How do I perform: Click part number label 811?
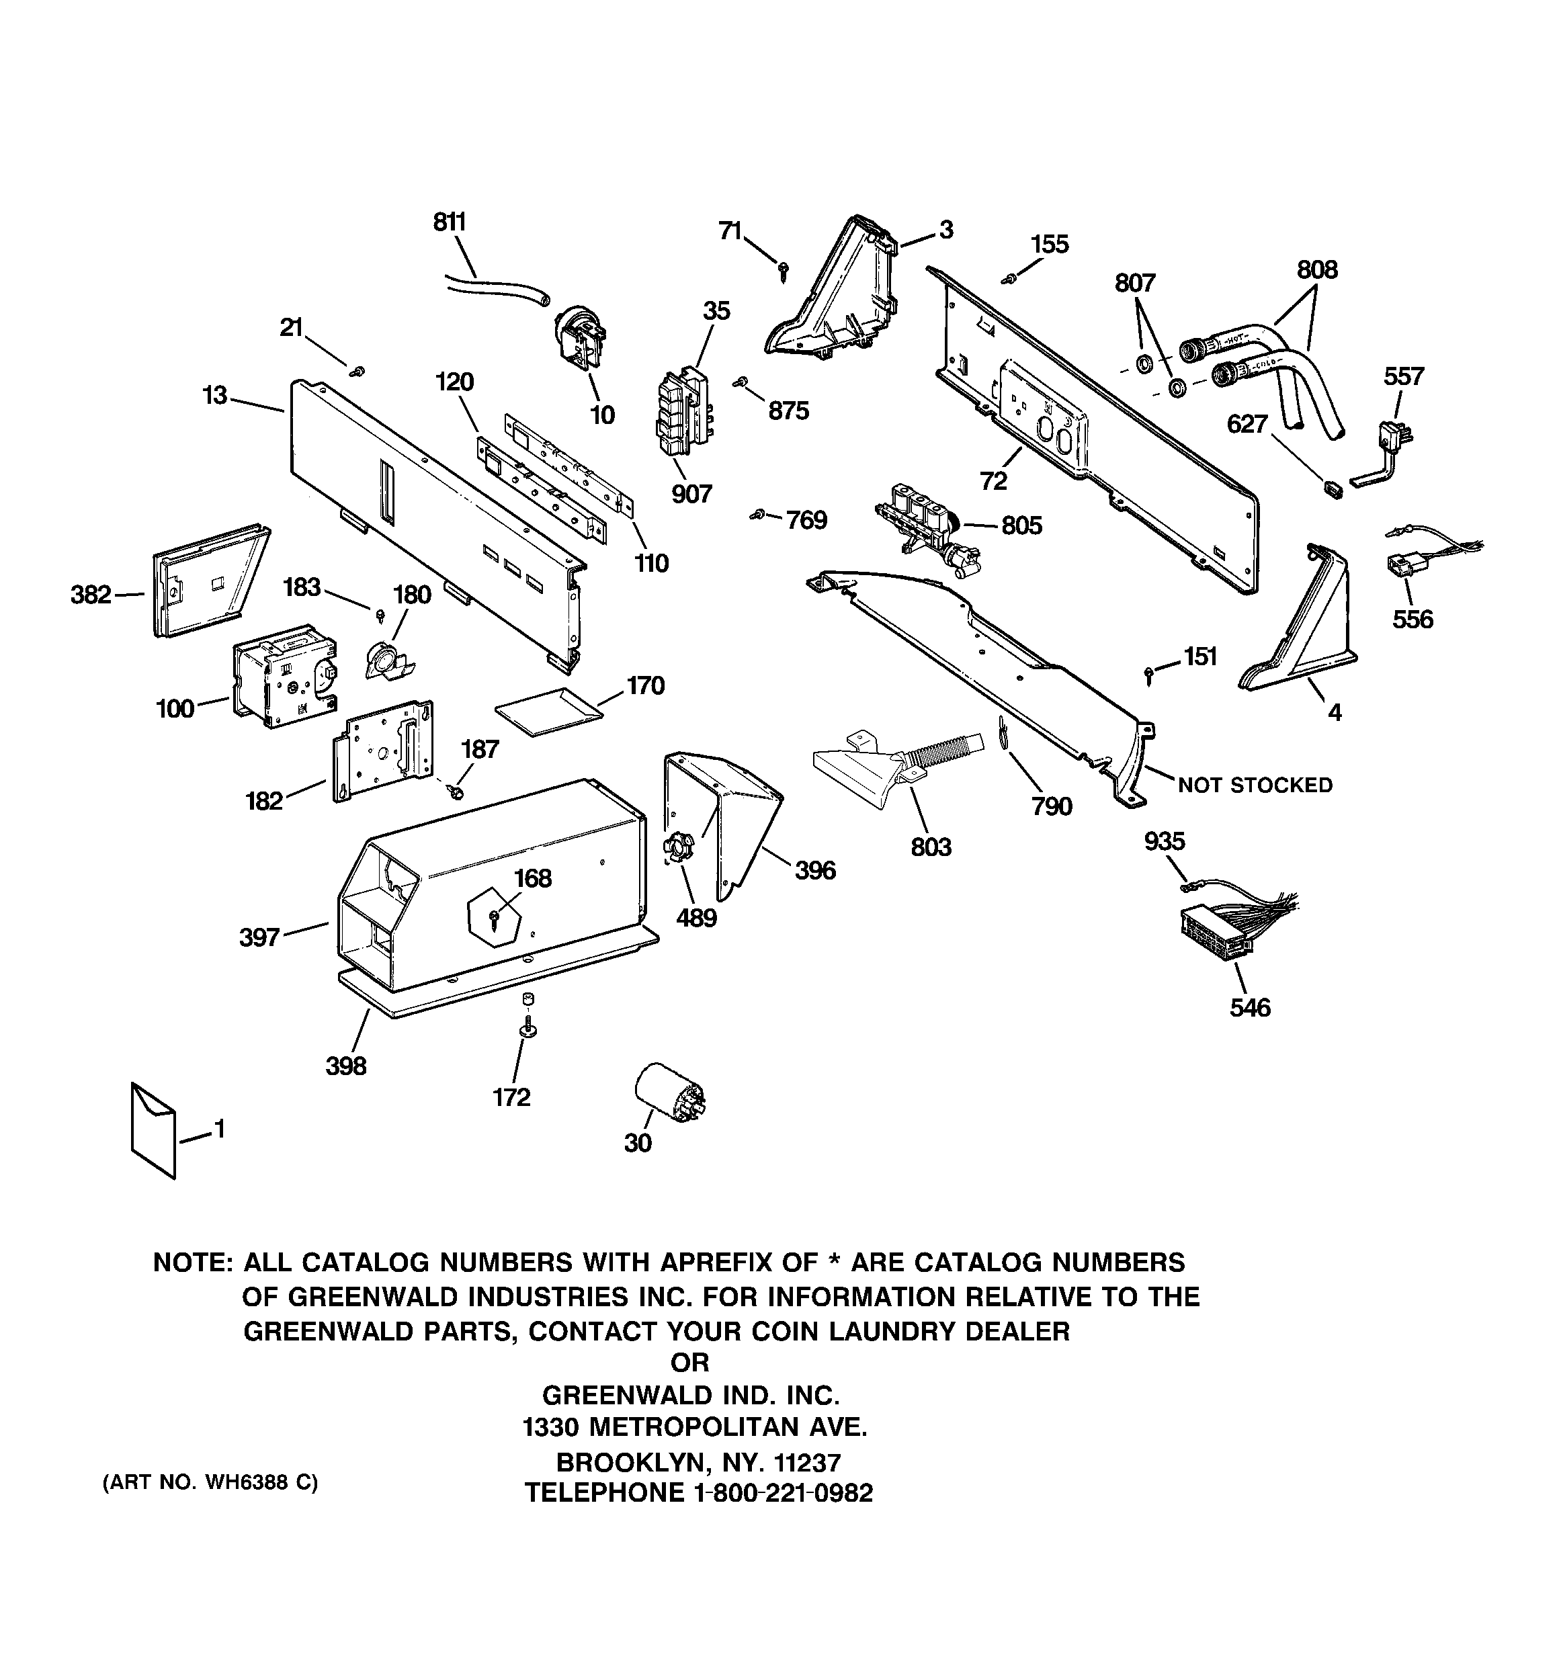(450, 222)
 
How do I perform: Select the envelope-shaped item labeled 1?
(153, 1130)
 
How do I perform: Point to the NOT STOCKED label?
(1255, 785)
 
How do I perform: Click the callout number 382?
(90, 595)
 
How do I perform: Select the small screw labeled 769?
(757, 516)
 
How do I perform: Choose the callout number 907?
(691, 495)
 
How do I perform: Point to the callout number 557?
(1403, 376)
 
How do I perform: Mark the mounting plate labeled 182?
(386, 749)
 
